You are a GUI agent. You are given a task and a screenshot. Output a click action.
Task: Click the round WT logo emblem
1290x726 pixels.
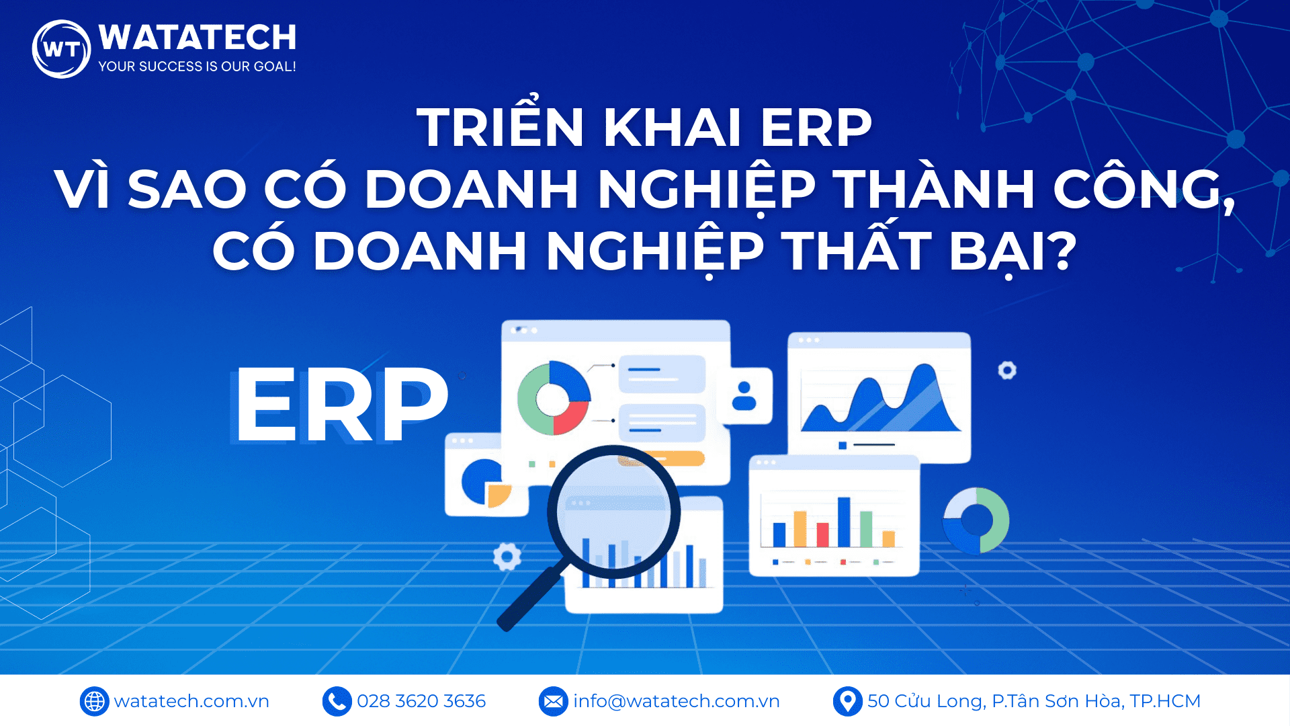click(61, 49)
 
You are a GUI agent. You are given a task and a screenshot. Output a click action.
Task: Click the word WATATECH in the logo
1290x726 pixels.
click(197, 38)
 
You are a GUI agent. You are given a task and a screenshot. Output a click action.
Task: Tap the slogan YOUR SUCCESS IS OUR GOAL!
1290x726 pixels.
click(197, 67)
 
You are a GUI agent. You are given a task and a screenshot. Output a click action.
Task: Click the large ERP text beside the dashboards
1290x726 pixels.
click(341, 405)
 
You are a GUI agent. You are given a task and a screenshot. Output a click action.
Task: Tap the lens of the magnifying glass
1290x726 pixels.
click(614, 512)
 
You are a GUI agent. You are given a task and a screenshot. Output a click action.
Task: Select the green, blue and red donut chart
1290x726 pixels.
click(554, 398)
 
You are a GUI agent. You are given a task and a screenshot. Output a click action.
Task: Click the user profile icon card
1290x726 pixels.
click(744, 396)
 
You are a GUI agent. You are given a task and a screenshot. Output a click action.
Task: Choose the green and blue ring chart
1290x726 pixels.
click(976, 520)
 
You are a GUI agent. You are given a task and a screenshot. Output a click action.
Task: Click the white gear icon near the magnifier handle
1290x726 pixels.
click(507, 557)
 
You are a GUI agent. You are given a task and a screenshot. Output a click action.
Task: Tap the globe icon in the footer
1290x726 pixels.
click(94, 701)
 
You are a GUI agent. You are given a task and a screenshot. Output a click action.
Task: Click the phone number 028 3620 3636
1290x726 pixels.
click(421, 701)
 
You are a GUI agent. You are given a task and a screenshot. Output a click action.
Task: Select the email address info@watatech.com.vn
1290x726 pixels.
click(676, 701)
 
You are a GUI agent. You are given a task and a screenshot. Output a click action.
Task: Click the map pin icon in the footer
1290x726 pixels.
click(847, 701)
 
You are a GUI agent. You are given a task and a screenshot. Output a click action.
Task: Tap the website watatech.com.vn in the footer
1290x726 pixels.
click(191, 701)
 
